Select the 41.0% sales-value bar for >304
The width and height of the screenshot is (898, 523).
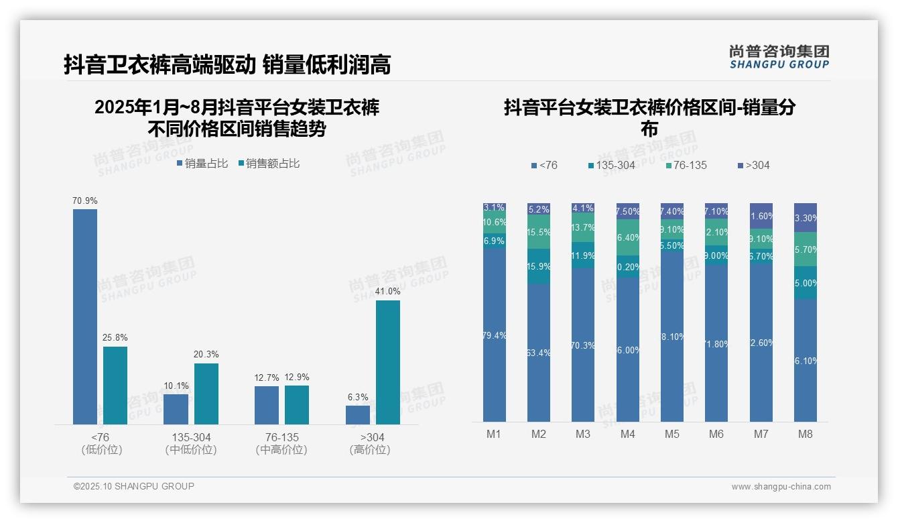tap(387, 362)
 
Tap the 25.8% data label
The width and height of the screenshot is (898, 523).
tap(115, 337)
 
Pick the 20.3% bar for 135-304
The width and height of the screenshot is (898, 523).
tap(206, 394)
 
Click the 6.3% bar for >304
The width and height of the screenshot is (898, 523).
tap(358, 414)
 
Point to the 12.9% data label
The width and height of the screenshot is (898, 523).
tap(297, 377)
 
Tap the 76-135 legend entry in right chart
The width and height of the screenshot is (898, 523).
tap(686, 165)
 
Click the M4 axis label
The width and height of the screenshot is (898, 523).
tap(627, 434)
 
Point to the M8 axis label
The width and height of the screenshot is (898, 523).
tap(805, 434)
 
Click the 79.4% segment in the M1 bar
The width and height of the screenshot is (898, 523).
tap(494, 335)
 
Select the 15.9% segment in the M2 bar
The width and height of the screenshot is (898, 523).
tap(539, 266)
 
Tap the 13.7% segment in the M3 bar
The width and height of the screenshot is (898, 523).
tap(583, 228)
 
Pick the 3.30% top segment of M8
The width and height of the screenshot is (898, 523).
tap(805, 217)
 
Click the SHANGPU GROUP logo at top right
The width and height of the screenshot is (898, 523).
tap(779, 57)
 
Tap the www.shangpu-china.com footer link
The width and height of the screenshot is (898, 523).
tap(781, 487)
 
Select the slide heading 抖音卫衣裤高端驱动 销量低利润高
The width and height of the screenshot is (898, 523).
tap(227, 65)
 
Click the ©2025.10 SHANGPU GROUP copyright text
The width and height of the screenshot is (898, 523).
tap(134, 486)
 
